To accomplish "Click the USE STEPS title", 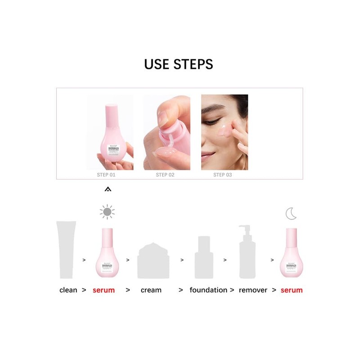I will click(179, 63).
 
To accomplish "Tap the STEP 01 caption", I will click(106, 175).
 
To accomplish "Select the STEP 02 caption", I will click(165, 175).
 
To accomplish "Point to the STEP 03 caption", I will click(222, 175).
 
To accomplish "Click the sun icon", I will click(107, 211).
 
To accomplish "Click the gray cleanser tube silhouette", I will click(66, 250).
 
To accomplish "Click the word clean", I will click(68, 290).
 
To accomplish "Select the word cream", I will click(151, 290).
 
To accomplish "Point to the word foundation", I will click(208, 290).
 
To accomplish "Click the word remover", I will click(253, 290).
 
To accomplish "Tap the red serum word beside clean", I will click(103, 290).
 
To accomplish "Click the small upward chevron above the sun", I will click(107, 189).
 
